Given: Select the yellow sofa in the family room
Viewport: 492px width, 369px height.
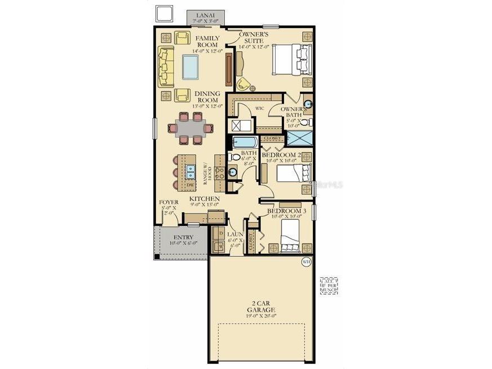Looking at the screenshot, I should (x=165, y=66).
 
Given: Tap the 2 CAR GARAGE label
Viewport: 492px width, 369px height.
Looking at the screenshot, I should (x=261, y=306).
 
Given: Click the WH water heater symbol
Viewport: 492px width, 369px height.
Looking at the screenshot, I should (x=306, y=261).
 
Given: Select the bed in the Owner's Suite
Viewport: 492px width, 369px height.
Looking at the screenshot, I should (x=291, y=60).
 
